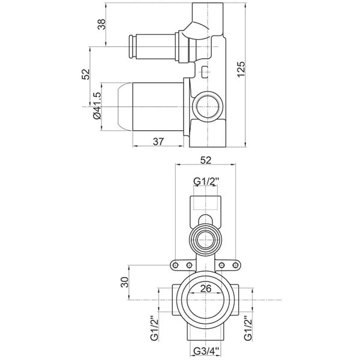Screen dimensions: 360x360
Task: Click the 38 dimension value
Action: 101,25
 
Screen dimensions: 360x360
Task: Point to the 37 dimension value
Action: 158,142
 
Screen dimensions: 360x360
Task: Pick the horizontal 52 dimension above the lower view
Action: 205,160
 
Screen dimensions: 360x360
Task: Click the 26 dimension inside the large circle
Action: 205,289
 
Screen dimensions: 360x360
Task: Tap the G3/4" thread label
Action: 205,352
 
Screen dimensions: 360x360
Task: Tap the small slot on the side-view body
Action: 206,73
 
